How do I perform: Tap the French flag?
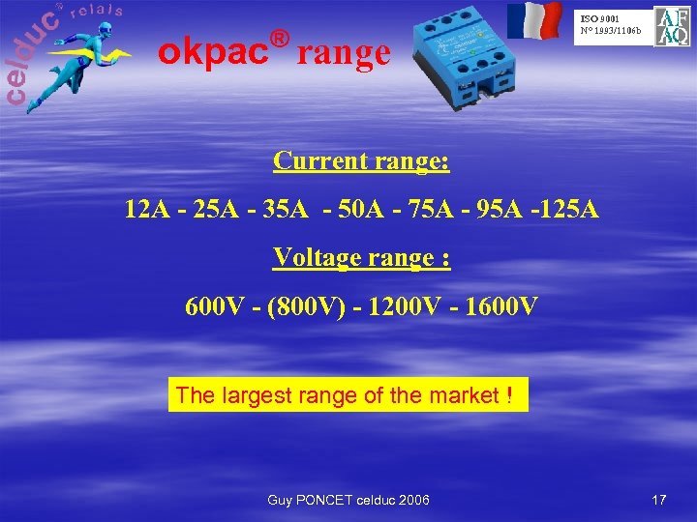coord(535,21)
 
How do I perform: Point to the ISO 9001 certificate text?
coord(611,24)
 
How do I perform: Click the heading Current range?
coord(361,159)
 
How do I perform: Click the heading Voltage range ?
coord(361,257)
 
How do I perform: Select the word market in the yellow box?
coord(463,395)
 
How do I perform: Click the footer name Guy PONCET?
coord(308,499)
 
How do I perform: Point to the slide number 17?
coord(659,499)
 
